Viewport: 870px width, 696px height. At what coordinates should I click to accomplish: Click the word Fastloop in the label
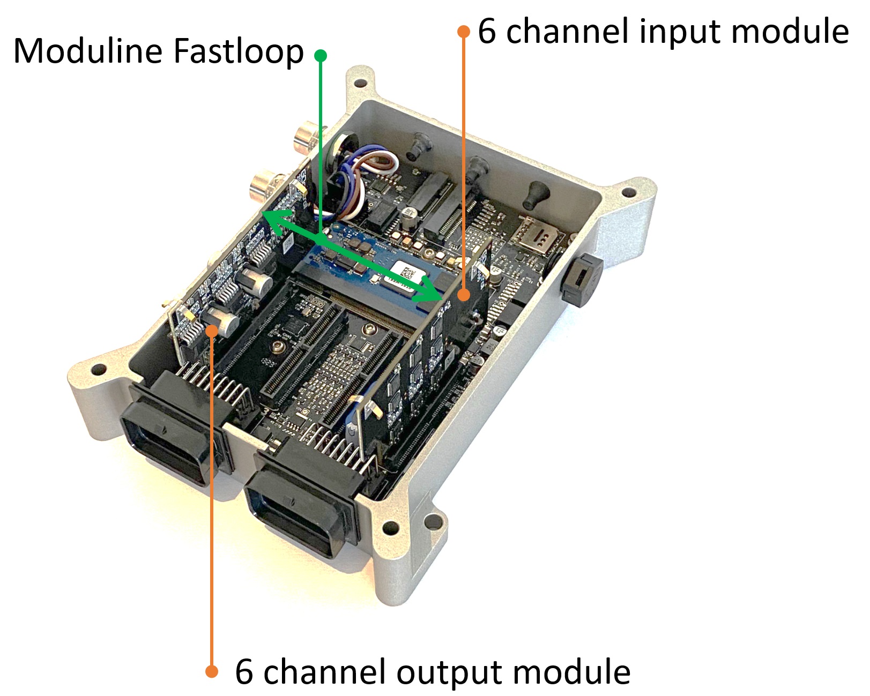[238, 52]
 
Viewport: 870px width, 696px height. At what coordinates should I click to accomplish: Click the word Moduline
[87, 52]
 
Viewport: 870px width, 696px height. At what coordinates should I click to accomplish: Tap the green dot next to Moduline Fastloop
[321, 55]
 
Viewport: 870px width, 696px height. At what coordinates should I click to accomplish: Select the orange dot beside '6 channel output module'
[212, 671]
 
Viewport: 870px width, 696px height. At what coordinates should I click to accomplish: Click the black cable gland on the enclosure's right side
[580, 279]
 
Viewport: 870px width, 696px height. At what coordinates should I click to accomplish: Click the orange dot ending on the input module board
[464, 295]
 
